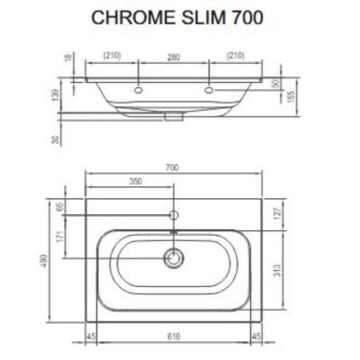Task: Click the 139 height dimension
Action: point(55,94)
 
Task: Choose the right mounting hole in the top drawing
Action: point(210,90)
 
